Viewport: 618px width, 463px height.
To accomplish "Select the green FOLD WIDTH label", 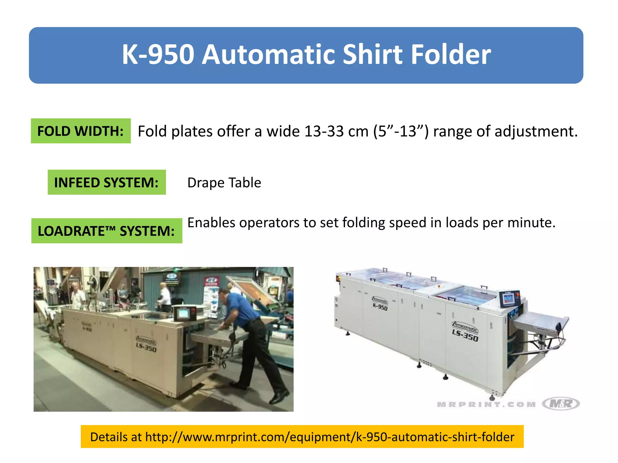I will (x=81, y=131).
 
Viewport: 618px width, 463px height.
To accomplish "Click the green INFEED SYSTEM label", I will (x=107, y=182).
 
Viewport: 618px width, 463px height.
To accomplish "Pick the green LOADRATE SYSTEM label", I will (x=107, y=231).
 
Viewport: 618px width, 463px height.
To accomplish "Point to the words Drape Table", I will (x=224, y=183).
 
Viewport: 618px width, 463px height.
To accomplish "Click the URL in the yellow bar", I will (x=330, y=437).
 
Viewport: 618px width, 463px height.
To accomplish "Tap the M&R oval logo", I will (x=561, y=403).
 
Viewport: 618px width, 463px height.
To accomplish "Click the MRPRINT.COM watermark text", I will (x=486, y=405).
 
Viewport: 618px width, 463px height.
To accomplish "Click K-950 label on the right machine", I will (x=380, y=307).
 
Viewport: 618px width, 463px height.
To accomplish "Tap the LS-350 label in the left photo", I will (x=146, y=348).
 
